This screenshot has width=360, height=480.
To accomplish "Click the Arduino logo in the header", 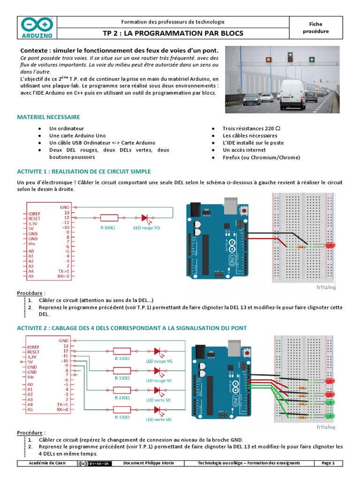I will tap(37, 28).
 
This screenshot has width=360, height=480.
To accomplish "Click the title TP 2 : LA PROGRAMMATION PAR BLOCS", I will tap(172, 34).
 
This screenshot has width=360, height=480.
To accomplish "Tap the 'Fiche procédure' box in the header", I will tap(315, 28).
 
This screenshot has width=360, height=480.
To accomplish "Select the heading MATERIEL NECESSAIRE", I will tap(48, 117).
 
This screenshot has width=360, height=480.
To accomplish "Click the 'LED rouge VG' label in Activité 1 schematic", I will tap(147, 228).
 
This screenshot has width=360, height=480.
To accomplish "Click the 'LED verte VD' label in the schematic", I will tap(158, 420).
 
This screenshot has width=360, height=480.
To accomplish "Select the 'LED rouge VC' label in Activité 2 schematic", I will tap(159, 381).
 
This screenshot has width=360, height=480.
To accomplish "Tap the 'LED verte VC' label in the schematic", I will tap(158, 400).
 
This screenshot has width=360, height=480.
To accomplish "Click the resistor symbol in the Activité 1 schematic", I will tap(109, 218).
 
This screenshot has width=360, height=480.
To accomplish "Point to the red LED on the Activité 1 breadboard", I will tap(331, 246).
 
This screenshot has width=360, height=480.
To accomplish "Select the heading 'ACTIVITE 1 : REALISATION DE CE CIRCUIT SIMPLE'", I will tap(84, 172).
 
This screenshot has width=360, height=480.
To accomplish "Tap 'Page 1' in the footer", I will tap(328, 463).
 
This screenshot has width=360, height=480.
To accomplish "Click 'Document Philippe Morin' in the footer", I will tap(148, 463).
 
